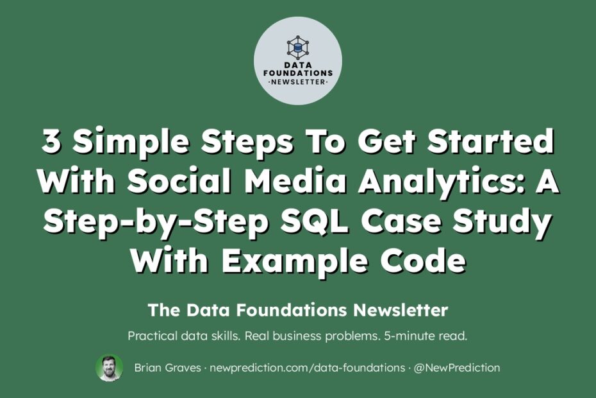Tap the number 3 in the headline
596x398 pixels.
[x=51, y=141]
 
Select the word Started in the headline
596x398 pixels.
[x=490, y=141]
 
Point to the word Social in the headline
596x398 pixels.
[x=179, y=181]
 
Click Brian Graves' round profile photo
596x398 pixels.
[x=110, y=368]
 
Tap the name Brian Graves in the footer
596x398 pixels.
[x=168, y=368]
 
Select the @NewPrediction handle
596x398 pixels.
[x=456, y=368]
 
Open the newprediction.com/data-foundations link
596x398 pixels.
[x=307, y=368]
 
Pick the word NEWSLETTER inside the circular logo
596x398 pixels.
[x=298, y=82]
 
